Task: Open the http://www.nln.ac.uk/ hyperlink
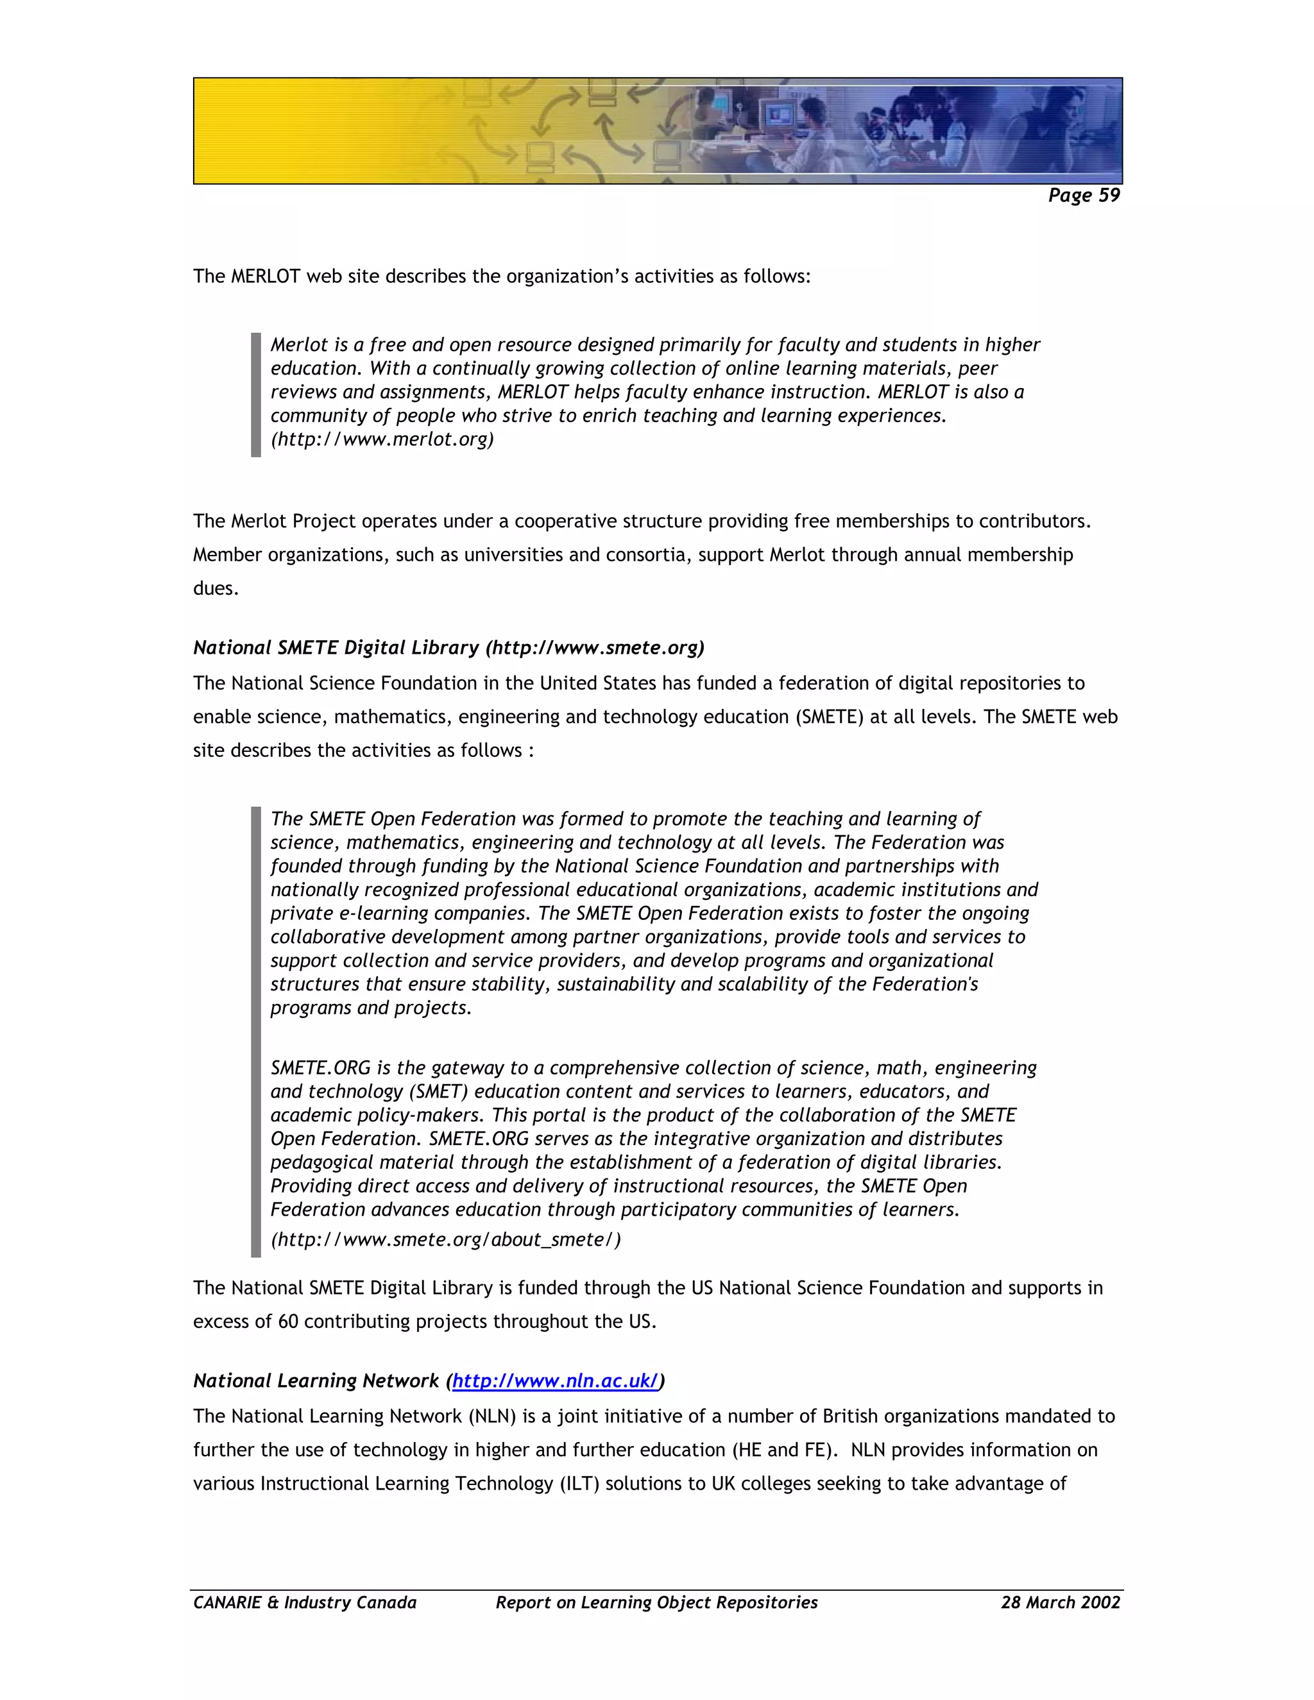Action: coord(555,1381)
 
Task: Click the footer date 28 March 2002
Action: coord(1060,1602)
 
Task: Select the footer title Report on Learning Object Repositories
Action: coord(656,1602)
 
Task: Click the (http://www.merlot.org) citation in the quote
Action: coord(382,439)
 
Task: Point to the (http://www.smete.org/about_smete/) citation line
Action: coord(445,1239)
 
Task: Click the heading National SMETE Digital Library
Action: coord(336,648)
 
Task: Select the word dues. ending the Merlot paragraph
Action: coord(216,588)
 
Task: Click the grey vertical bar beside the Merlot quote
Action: coord(255,394)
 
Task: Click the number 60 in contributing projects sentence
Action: coord(288,1322)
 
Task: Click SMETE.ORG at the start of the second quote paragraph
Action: coord(321,1068)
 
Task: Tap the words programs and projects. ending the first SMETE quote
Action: coord(371,1008)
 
